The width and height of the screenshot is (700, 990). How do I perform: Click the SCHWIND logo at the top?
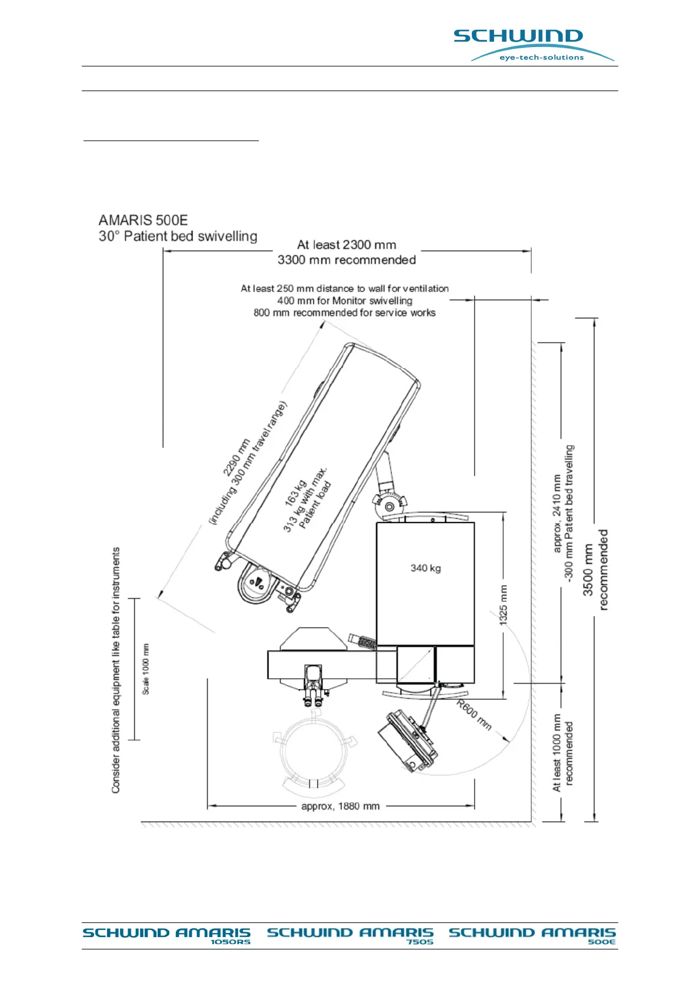[518, 36]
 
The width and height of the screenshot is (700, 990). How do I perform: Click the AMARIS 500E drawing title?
[143, 220]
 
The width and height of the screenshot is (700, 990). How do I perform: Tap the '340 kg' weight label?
[425, 568]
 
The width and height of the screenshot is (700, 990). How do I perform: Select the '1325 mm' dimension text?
[504, 605]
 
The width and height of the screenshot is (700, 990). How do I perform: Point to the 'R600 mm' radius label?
[474, 715]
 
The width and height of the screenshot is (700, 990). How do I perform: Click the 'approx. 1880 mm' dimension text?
[340, 806]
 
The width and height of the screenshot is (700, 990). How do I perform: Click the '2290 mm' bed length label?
[236, 457]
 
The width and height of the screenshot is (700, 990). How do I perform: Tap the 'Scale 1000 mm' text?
[146, 669]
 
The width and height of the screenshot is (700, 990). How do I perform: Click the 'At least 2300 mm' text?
[346, 245]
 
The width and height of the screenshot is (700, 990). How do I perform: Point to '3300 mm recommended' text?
[346, 260]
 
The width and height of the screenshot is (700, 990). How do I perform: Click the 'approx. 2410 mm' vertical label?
[557, 513]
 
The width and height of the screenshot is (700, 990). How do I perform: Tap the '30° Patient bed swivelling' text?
[178, 236]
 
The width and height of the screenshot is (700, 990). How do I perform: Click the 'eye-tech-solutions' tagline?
[541, 58]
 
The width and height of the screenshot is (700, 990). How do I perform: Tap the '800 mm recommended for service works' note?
[344, 313]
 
